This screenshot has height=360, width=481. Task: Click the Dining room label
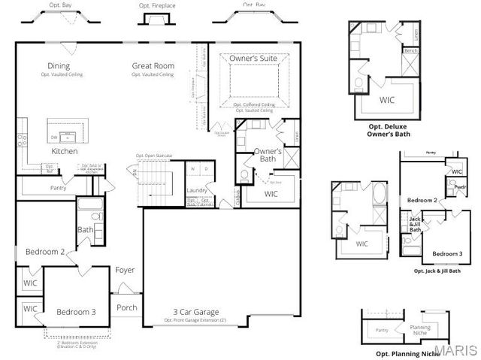58,66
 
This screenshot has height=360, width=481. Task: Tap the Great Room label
153,66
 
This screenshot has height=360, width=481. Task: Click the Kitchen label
64,151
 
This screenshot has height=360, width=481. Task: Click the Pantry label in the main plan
58,188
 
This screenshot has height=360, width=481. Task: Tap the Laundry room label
198,190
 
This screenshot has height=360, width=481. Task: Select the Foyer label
125,270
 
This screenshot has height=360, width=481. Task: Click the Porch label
126,307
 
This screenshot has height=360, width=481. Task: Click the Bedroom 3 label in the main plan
77,312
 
